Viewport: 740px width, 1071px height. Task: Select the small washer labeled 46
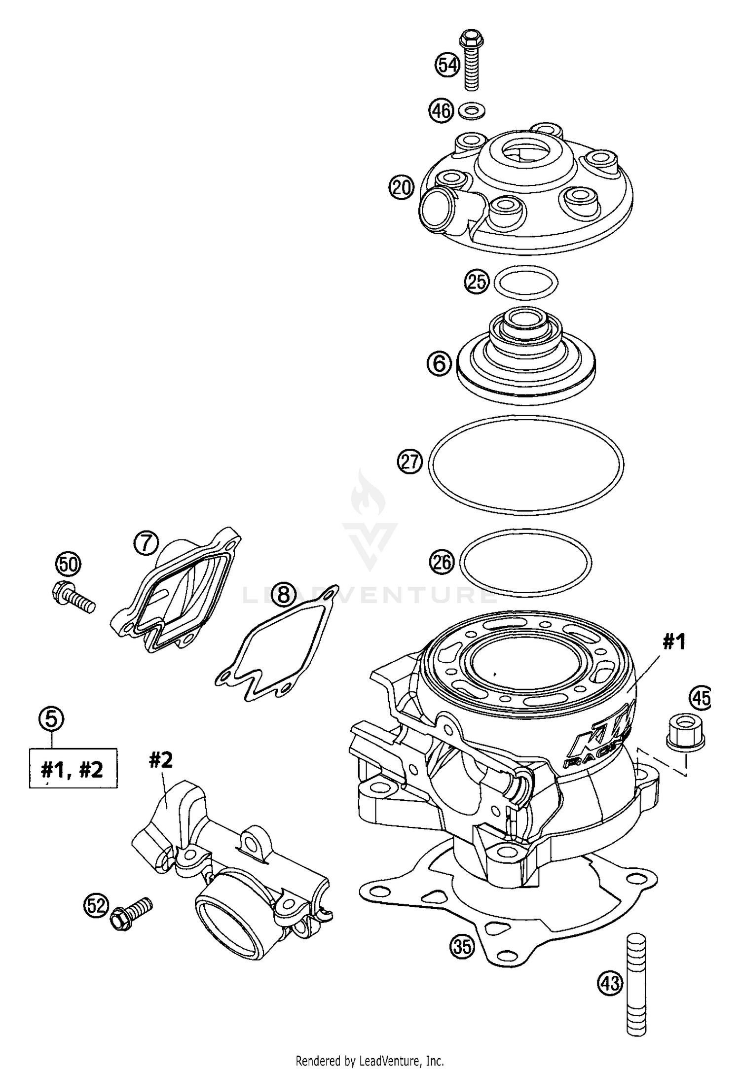[472, 110]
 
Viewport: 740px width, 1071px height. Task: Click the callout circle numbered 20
[401, 188]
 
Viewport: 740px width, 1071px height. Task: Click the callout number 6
[439, 364]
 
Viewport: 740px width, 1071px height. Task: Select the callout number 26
[442, 562]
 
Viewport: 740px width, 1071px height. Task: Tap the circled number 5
[51, 718]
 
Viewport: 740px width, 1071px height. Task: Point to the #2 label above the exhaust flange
[161, 760]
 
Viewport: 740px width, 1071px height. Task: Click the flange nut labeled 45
[685, 734]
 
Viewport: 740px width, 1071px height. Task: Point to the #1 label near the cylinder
[674, 642]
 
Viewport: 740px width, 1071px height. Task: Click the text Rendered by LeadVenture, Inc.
[370, 1059]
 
